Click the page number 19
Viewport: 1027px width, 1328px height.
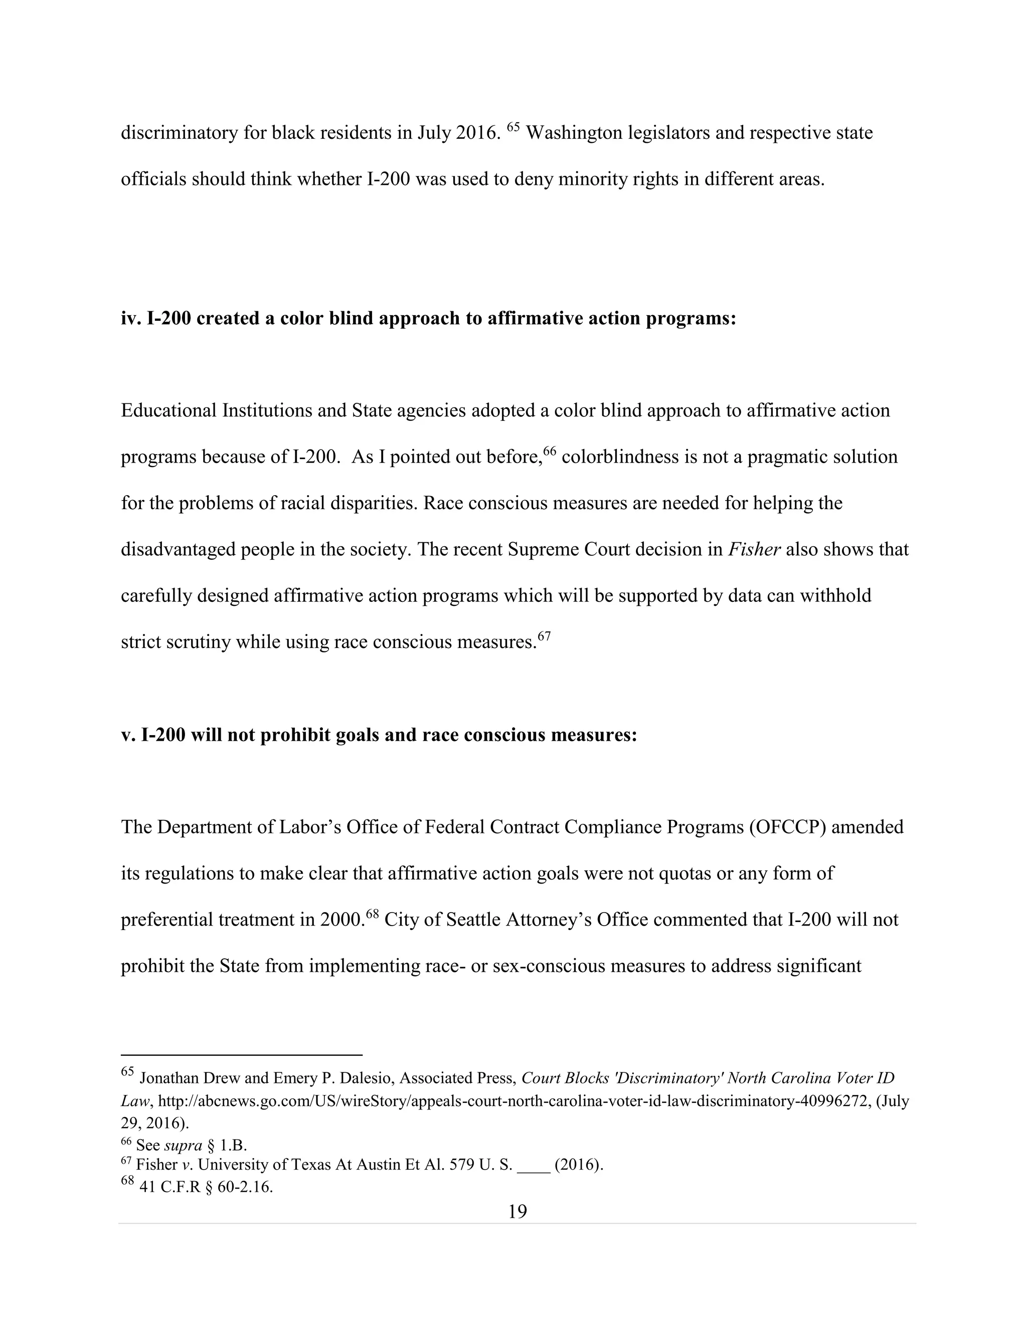tap(517, 1212)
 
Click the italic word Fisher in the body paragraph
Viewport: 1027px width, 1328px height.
tap(754, 549)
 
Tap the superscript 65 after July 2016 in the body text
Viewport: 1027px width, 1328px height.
tap(513, 127)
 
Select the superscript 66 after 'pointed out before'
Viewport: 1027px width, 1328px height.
tap(550, 451)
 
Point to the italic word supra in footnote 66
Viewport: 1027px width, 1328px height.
tap(183, 1146)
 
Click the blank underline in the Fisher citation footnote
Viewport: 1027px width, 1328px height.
tap(534, 1165)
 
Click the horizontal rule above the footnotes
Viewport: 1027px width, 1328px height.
tap(242, 1055)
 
